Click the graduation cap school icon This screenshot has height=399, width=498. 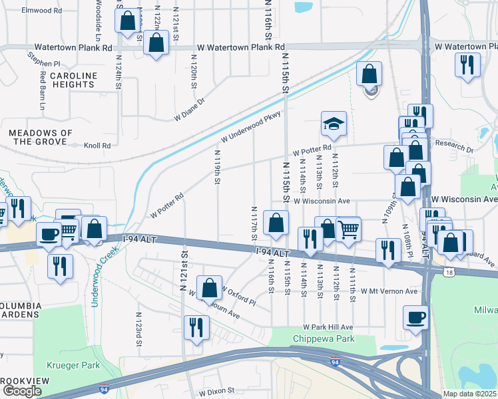pyautogui.click(x=334, y=124)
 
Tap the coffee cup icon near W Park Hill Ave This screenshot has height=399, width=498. pyautogui.click(x=416, y=317)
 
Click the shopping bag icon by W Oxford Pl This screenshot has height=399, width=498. pyautogui.click(x=209, y=288)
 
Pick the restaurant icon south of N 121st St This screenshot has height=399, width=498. pyautogui.click(x=196, y=328)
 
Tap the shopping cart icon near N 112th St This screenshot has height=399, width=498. pyautogui.click(x=348, y=229)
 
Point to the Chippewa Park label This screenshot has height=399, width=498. pyautogui.click(x=324, y=339)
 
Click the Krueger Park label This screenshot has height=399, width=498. pyautogui.click(x=73, y=365)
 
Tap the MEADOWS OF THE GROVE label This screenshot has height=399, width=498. pyautogui.click(x=41, y=137)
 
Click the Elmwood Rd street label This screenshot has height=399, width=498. pyautogui.click(x=41, y=11)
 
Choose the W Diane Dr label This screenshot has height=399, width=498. pyautogui.click(x=189, y=110)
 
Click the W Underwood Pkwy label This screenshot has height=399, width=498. pyautogui.click(x=251, y=126)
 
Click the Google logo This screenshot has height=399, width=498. pyautogui.click(x=22, y=391)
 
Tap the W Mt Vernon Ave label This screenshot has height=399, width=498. pyautogui.click(x=389, y=291)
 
